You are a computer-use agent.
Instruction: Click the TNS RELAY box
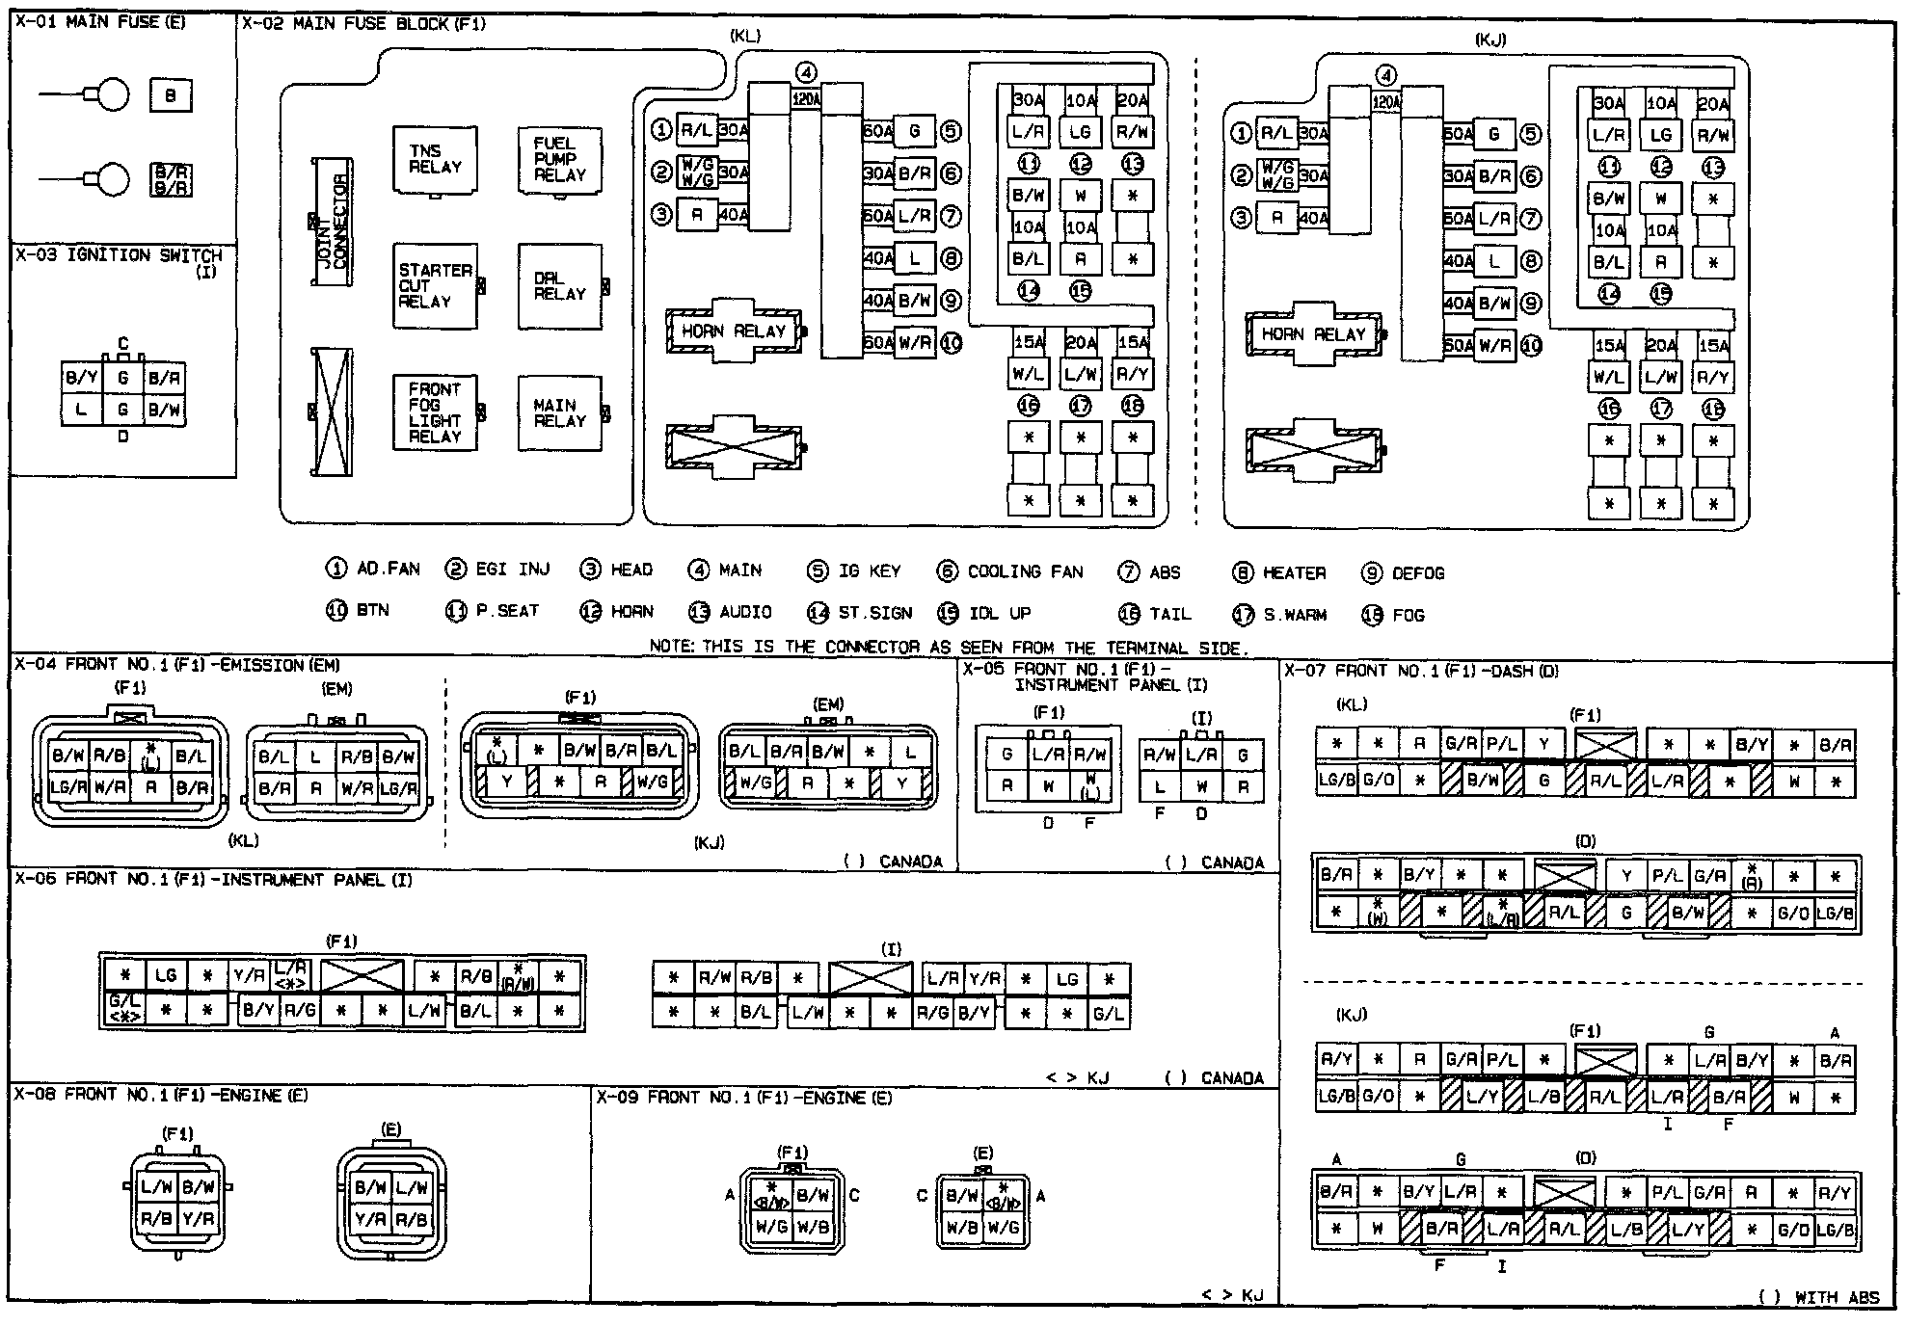[435, 159]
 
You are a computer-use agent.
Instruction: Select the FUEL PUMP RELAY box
[559, 159]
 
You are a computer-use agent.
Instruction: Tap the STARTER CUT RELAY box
[435, 286]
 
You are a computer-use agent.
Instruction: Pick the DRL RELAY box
[559, 286]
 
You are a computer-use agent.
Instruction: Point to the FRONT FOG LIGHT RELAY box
[435, 412]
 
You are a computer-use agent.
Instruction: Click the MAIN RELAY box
[559, 412]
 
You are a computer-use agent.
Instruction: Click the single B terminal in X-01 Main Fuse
[171, 95]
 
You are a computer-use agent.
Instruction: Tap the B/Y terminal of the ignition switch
[81, 378]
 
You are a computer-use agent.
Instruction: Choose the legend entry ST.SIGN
[862, 613]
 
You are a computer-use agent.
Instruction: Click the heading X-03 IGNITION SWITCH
[119, 256]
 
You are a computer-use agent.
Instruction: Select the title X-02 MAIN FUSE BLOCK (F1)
[363, 23]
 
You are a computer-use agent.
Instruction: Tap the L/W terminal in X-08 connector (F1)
[156, 1187]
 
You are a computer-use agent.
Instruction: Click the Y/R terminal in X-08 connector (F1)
[198, 1219]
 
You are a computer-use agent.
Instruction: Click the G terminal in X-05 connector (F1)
[1007, 755]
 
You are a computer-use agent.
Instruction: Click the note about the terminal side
[949, 647]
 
